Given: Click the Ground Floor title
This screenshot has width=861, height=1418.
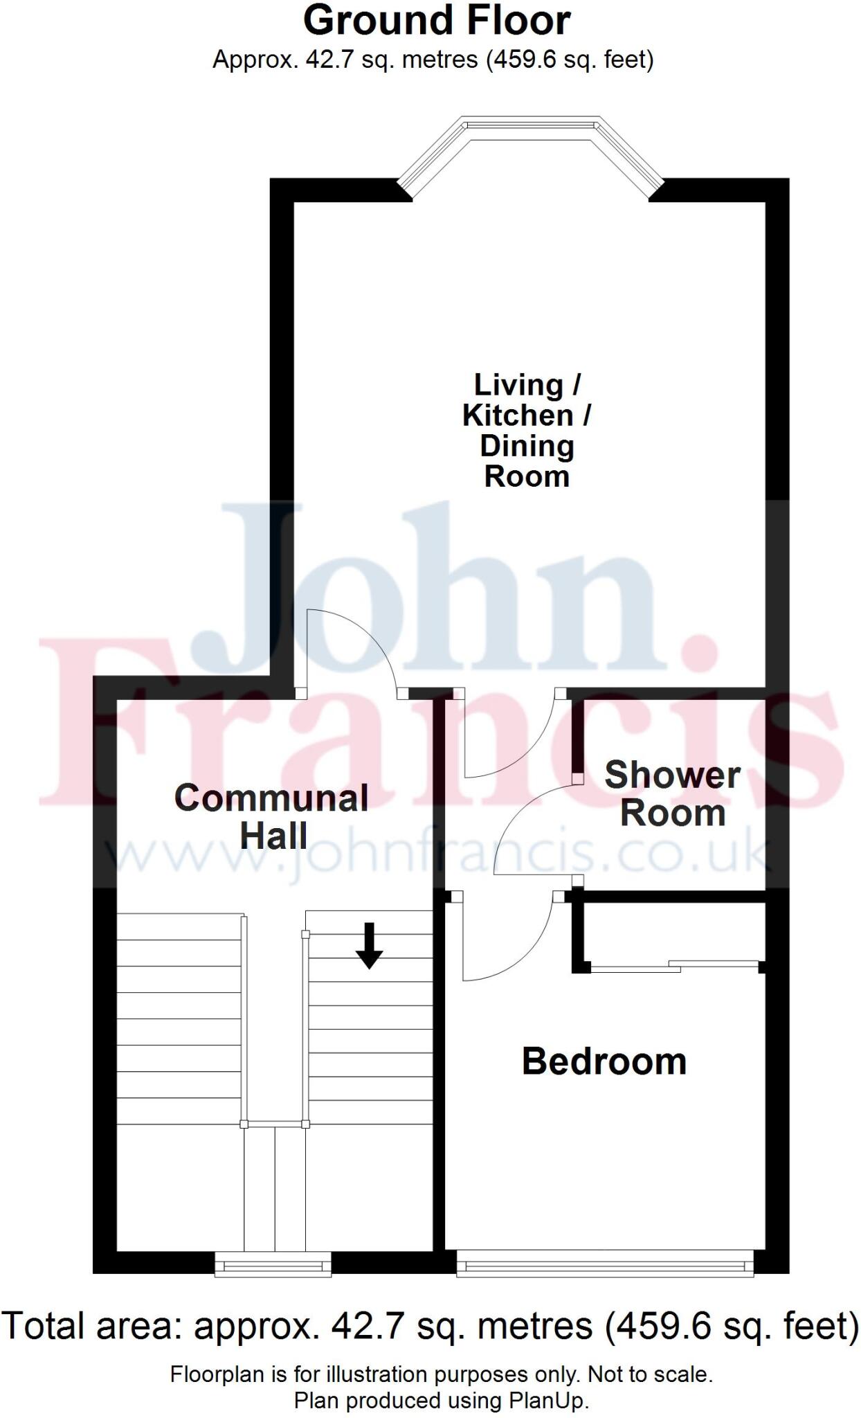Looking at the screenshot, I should (x=437, y=21).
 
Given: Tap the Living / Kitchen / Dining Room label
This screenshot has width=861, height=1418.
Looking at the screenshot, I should (x=527, y=430).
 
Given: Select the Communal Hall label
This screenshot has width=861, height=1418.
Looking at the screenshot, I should (x=271, y=816).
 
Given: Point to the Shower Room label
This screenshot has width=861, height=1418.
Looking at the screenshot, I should (x=672, y=793).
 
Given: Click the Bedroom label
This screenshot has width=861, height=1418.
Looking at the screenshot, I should (x=604, y=1061).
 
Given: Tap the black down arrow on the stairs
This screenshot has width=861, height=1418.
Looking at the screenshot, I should (x=369, y=945).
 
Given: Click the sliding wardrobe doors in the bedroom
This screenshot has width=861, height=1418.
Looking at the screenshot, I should (x=675, y=965).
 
